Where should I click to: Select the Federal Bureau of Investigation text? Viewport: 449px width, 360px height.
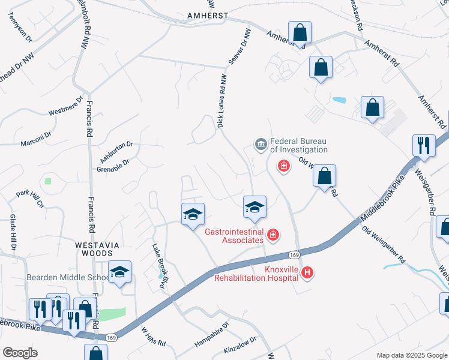tap(298, 145)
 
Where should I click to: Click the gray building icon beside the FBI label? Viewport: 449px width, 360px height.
tap(261, 143)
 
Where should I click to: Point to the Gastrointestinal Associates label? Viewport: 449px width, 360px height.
tap(235, 236)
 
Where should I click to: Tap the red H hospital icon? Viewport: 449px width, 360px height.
tap(307, 274)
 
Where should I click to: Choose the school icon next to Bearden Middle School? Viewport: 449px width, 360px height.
tap(120, 273)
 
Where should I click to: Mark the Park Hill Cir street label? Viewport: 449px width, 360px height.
tap(31, 199)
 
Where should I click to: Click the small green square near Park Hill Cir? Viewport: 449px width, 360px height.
tap(48, 181)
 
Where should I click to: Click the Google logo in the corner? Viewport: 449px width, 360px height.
tap(20, 353)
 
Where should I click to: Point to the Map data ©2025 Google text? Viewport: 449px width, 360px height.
tap(411, 355)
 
